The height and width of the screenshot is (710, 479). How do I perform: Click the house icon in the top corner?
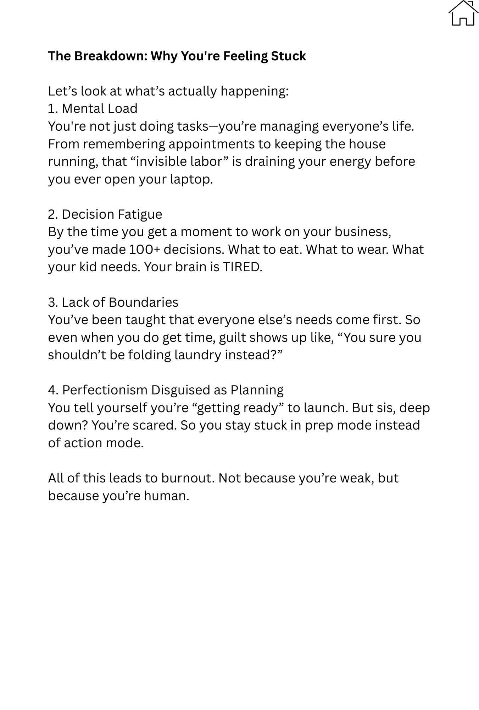coord(463,13)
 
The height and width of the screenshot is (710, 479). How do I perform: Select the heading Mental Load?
coord(99,109)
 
